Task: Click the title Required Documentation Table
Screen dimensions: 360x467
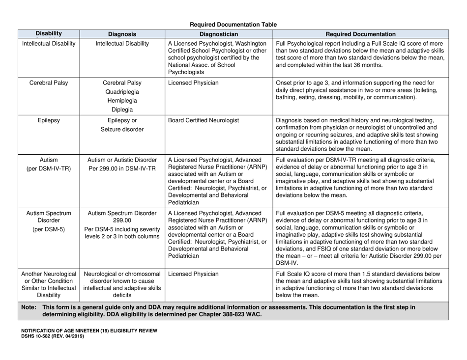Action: click(233, 25)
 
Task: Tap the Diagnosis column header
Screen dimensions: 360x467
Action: click(122, 34)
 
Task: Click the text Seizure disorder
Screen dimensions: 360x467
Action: click(122, 130)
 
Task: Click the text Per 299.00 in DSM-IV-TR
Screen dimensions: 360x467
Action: click(122, 168)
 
